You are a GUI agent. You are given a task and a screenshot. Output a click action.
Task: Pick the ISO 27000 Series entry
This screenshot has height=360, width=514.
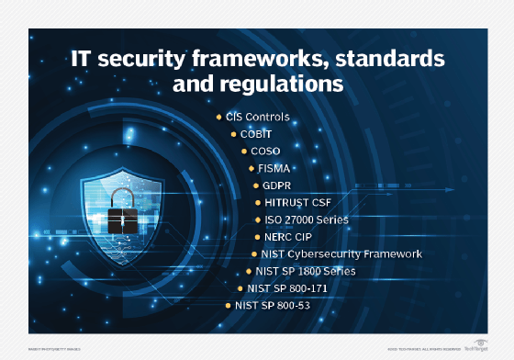307,220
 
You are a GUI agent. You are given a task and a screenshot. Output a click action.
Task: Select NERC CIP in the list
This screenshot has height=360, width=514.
288,237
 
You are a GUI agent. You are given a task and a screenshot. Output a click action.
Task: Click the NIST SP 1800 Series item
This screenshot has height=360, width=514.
306,271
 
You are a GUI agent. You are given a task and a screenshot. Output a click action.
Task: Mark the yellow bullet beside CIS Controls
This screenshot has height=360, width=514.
218,118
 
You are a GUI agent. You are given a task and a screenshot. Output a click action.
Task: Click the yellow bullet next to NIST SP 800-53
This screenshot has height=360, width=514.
229,304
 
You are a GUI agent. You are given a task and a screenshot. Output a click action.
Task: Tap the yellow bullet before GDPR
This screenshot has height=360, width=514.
257,186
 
